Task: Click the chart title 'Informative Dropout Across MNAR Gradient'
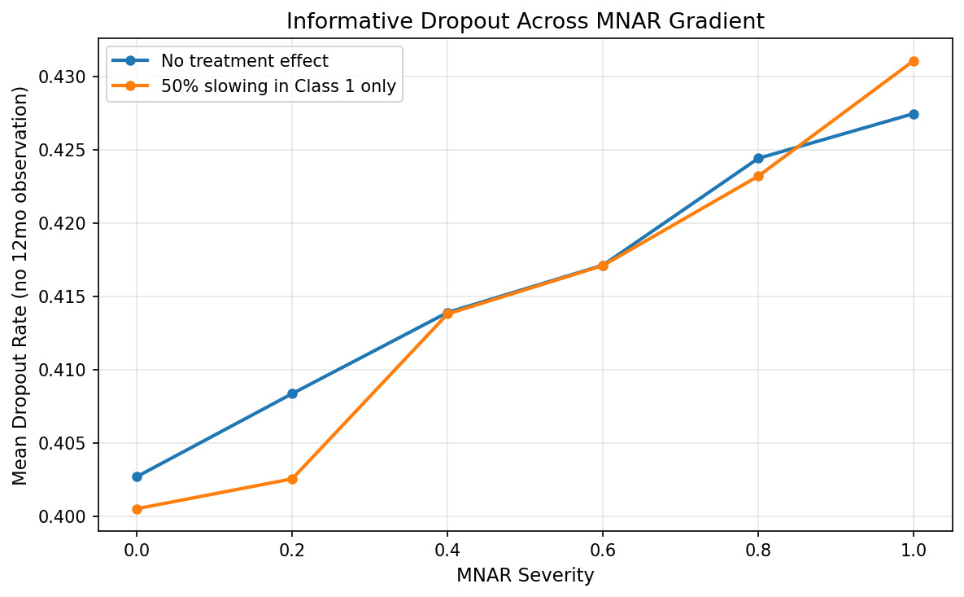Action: tap(525, 22)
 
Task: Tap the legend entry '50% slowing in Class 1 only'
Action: tap(278, 87)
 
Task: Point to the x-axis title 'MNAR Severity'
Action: tap(525, 576)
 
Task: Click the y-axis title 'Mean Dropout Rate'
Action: tap(20, 285)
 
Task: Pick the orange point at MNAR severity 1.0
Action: tap(914, 61)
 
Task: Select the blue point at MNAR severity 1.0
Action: tap(914, 114)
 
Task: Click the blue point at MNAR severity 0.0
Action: tap(137, 476)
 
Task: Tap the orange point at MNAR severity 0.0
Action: tap(137, 509)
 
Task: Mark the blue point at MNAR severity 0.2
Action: tap(292, 393)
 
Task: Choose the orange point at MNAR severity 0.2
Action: tap(292, 479)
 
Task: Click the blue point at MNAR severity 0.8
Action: tap(758, 158)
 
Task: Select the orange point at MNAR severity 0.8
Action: tap(758, 176)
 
